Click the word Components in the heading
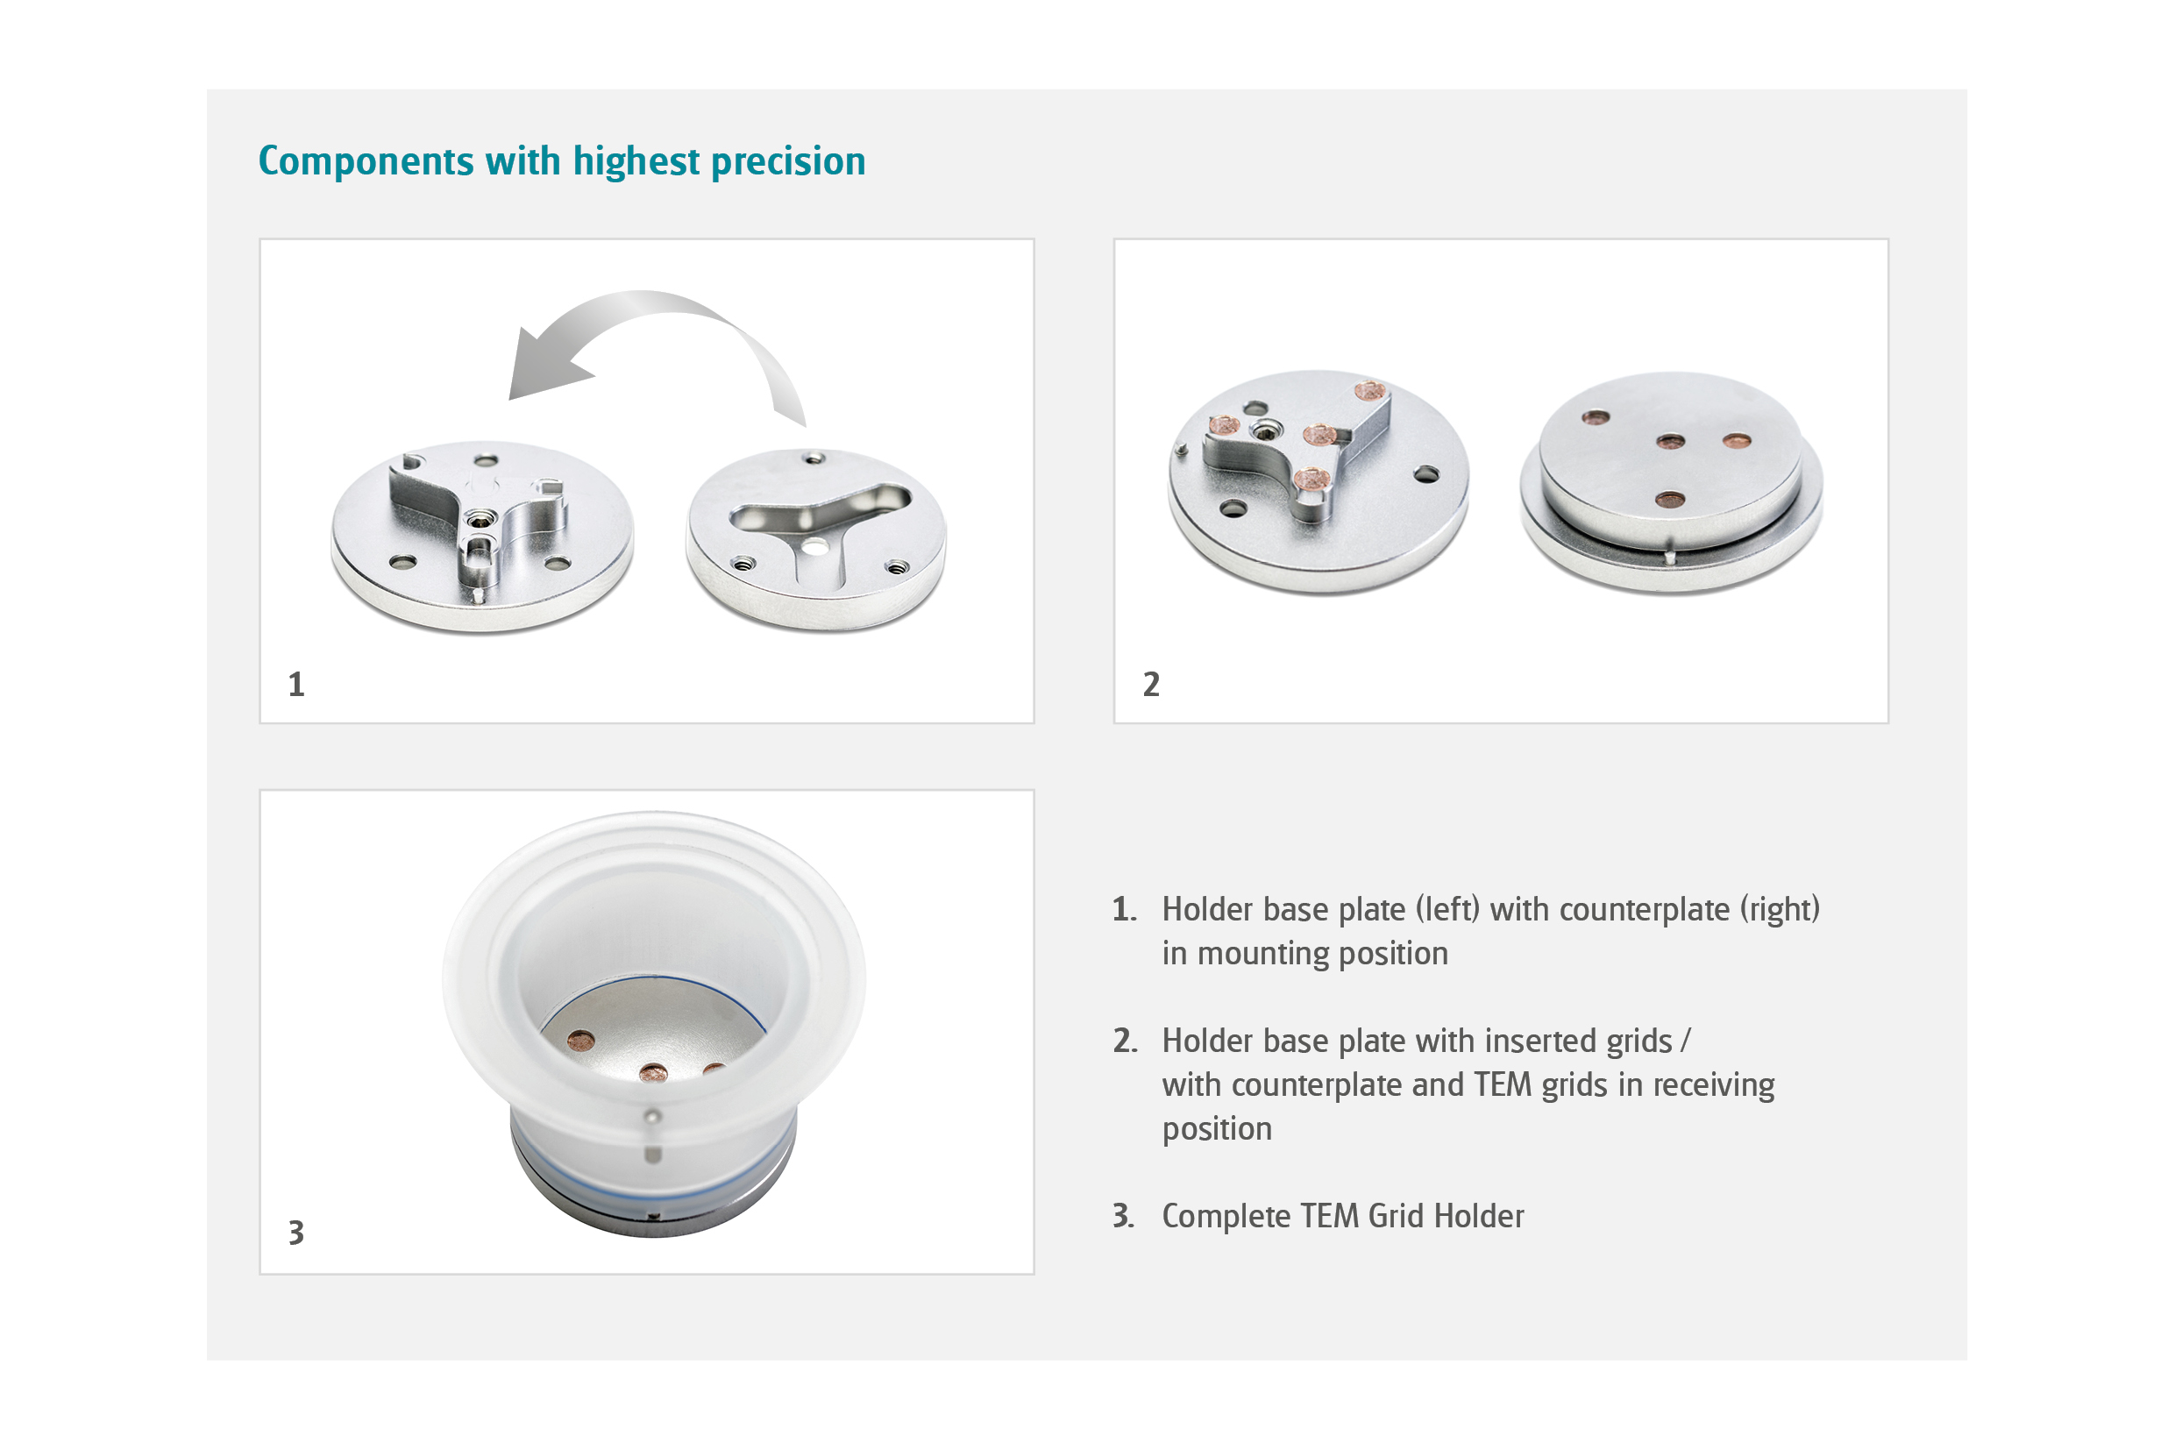tap(366, 162)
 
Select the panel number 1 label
tap(296, 685)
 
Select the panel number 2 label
tap(1150, 685)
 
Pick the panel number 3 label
tap(296, 1233)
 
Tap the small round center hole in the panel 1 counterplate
tap(814, 547)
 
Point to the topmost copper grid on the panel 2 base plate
tap(1369, 391)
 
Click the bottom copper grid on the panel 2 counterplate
tap(1669, 501)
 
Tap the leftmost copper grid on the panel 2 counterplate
tap(1596, 418)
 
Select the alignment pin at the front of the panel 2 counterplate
tap(1670, 557)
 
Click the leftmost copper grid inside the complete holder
tap(580, 1040)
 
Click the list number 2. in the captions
tap(1125, 1041)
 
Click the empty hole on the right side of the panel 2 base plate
tap(1427, 474)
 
